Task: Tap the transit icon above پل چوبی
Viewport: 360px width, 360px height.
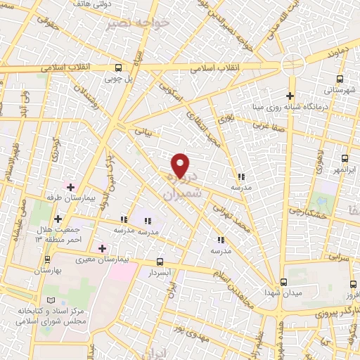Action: pos(118,67)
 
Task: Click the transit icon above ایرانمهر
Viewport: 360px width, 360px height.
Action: pos(344,159)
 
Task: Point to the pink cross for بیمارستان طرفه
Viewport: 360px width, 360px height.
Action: pos(70,186)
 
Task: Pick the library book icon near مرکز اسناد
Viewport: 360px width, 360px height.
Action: pos(50,302)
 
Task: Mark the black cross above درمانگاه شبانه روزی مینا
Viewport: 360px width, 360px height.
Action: pos(290,96)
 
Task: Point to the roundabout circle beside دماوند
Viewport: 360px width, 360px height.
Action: pos(291,65)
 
